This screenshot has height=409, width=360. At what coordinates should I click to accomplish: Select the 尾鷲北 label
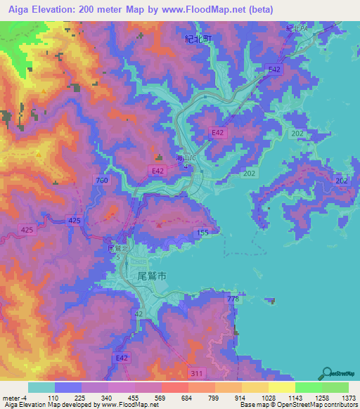117,249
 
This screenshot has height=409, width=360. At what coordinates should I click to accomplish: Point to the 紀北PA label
297,28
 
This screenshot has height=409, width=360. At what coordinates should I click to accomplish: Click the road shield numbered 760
102,181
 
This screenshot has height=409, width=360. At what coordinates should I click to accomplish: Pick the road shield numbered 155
202,232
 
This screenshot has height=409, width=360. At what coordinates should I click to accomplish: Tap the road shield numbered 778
233,300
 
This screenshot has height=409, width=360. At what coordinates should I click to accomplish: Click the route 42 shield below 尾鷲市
139,314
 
